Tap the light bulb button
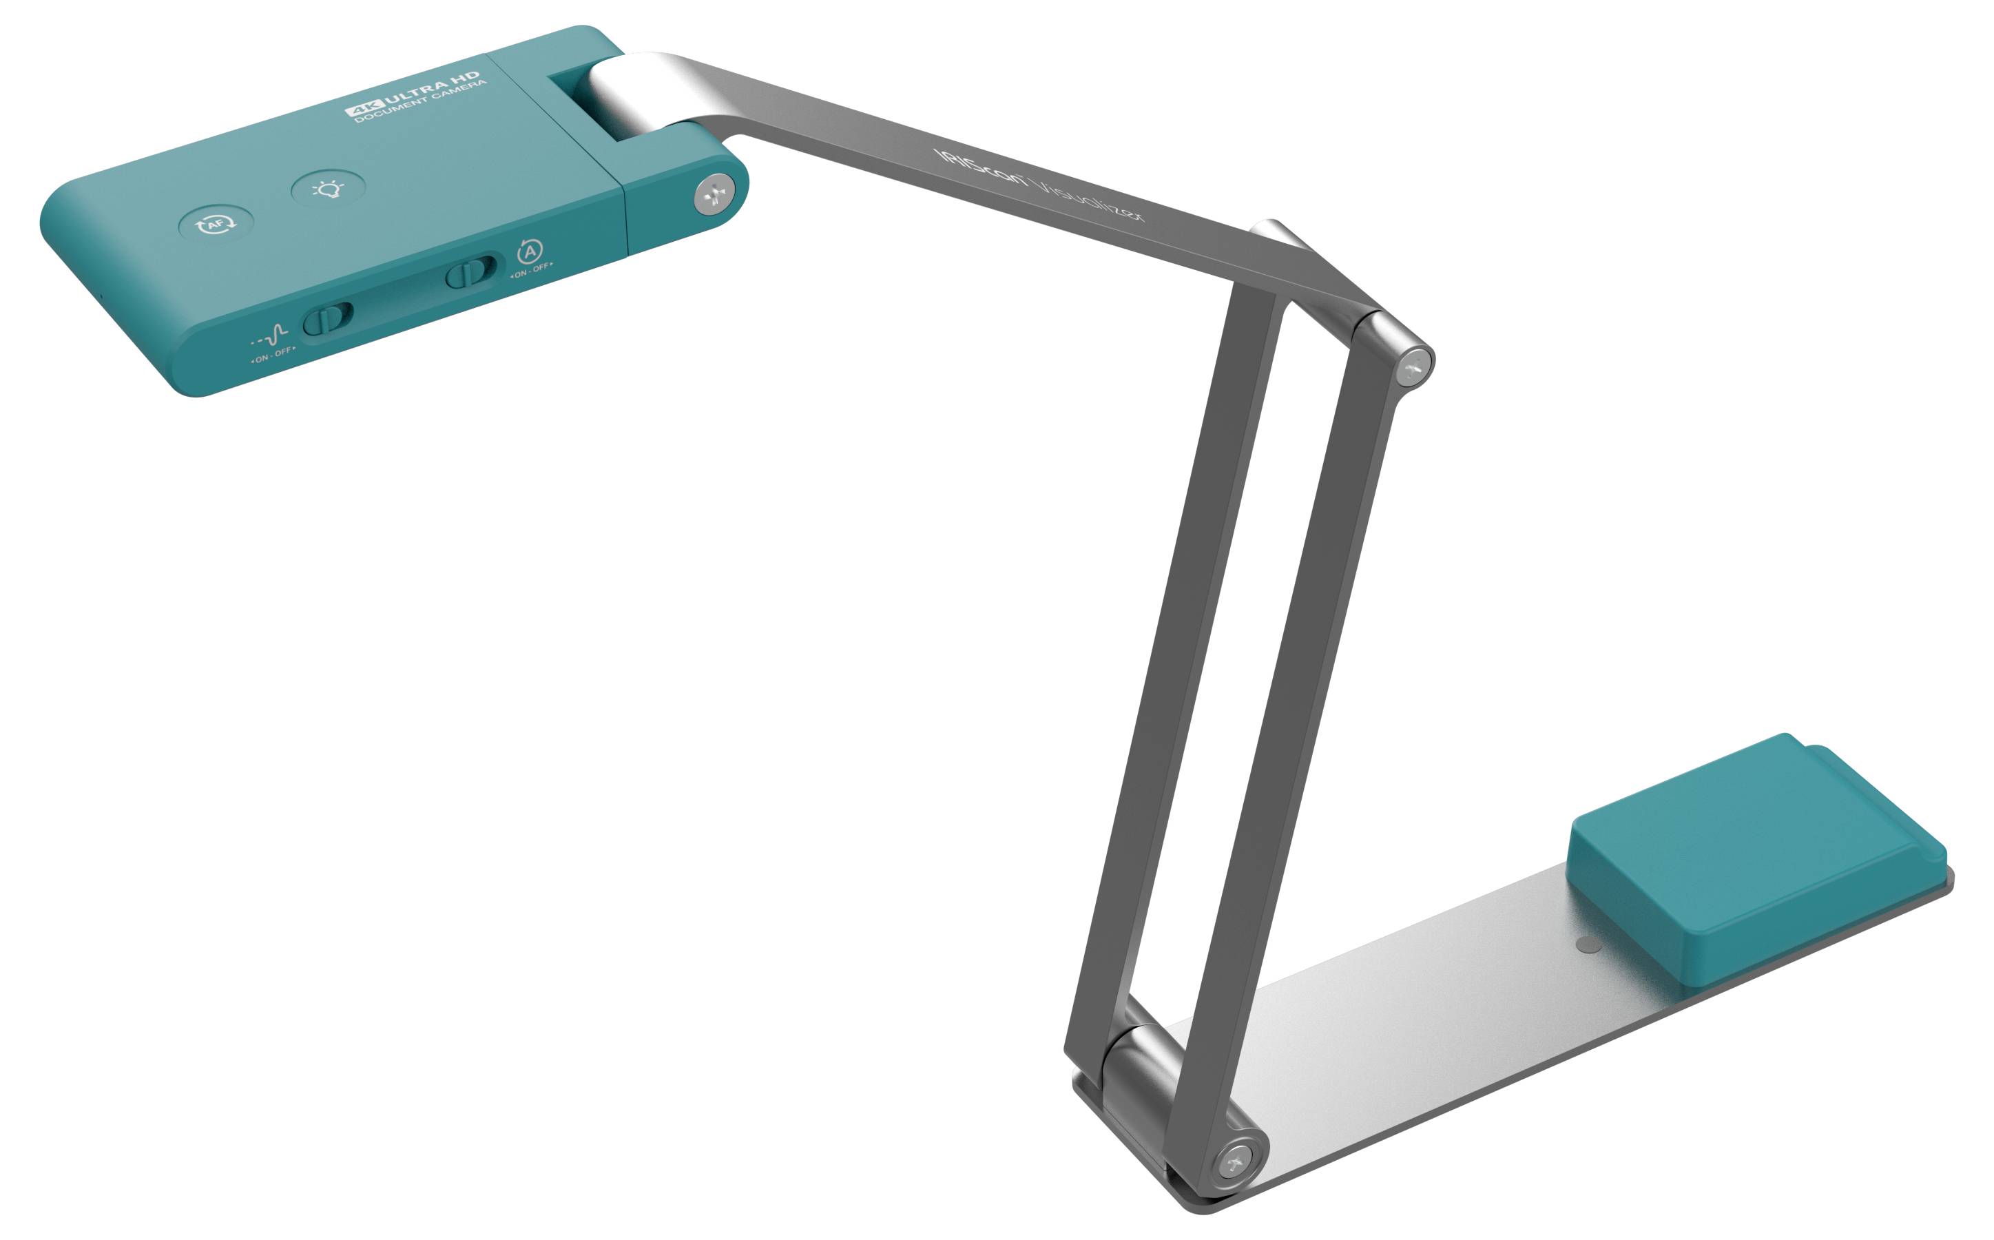(328, 190)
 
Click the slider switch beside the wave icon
(328, 318)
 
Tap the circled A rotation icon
(530, 250)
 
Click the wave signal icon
(271, 335)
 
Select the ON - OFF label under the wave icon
(272, 354)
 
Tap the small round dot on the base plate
(1588, 944)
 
